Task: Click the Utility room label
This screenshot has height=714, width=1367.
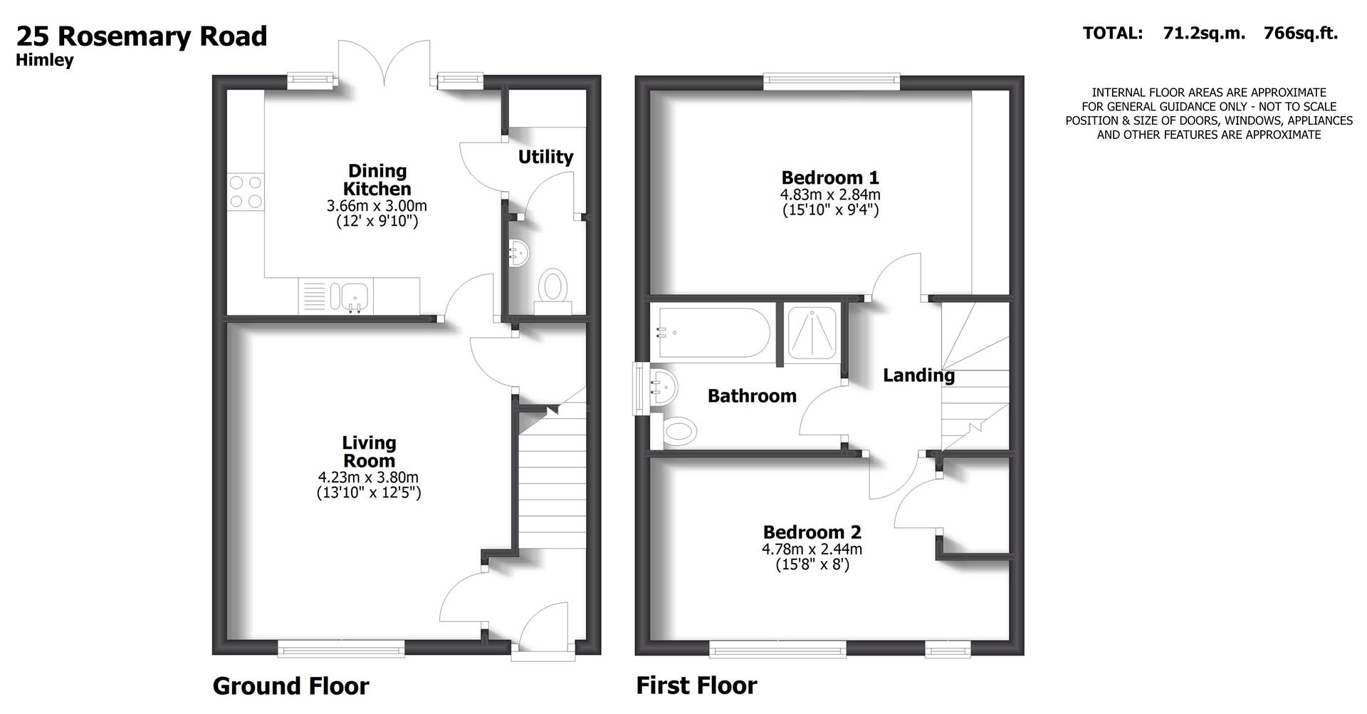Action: coord(545,157)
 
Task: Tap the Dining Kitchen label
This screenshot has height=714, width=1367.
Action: coord(377,180)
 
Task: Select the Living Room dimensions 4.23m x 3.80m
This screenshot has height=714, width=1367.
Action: coord(368,477)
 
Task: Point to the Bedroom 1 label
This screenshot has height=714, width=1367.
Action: coord(830,177)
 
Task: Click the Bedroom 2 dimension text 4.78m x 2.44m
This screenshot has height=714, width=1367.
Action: coord(812,549)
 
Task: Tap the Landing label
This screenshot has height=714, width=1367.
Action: coord(918,375)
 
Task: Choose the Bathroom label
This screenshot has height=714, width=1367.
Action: coord(752,396)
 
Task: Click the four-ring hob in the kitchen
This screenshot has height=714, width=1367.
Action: coord(246,192)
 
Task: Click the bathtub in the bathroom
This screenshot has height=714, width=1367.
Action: coord(712,332)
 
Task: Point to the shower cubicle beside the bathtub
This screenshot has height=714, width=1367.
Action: coord(812,333)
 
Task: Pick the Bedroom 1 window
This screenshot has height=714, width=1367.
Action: coord(832,81)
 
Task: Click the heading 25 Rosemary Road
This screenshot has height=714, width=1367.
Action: coord(142,36)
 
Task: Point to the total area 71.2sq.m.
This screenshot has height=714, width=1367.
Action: coord(1204,33)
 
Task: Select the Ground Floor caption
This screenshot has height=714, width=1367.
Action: coord(290,686)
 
